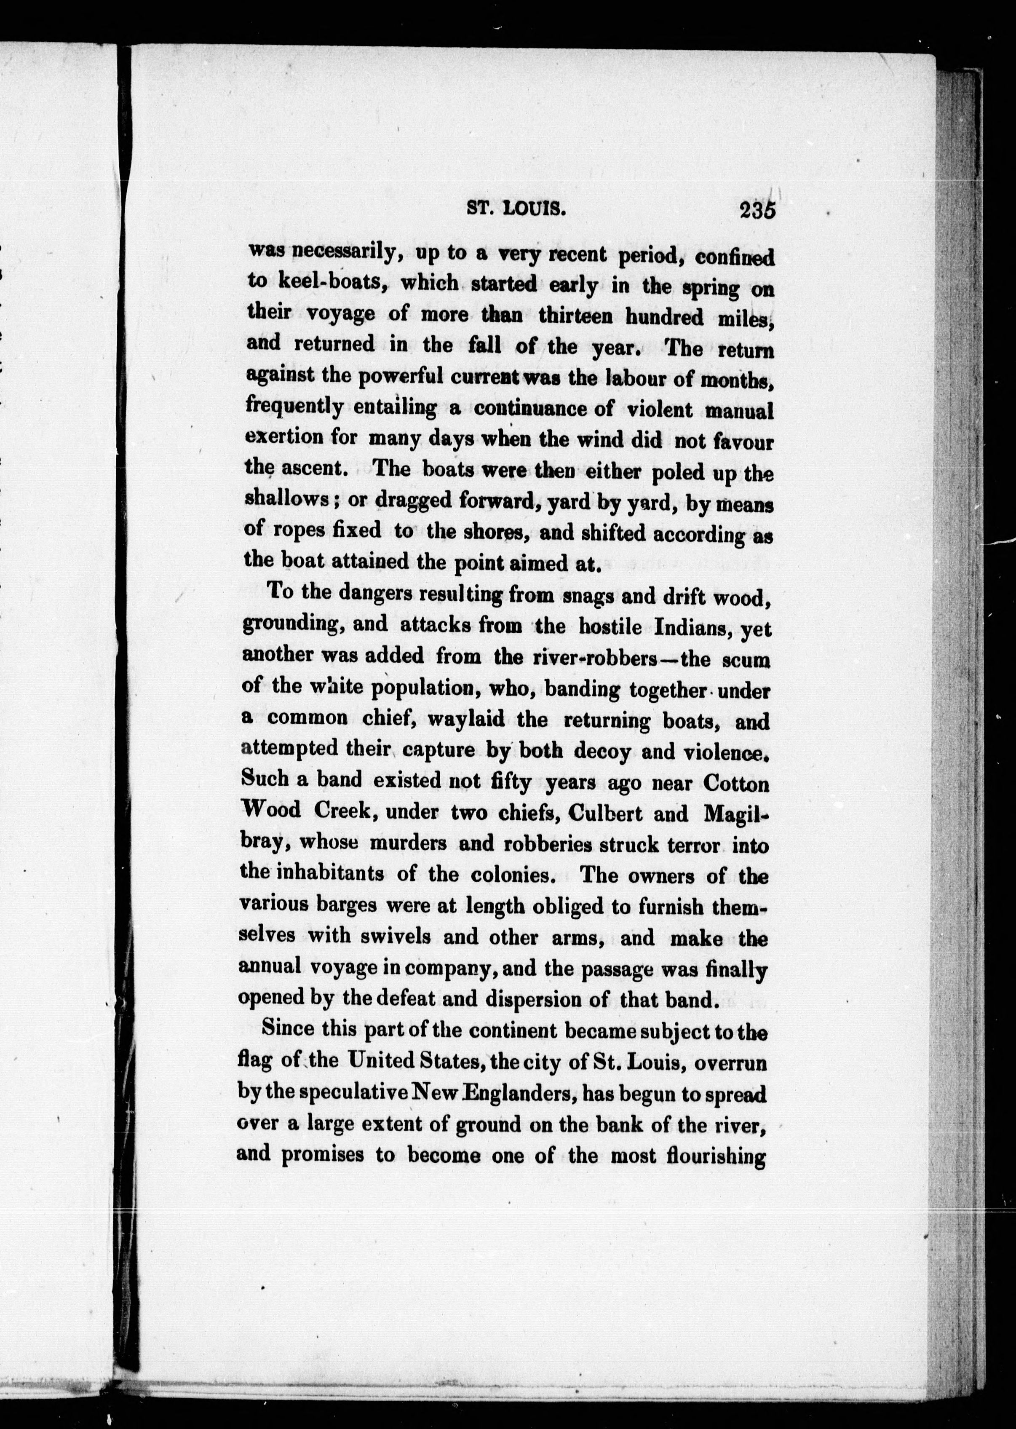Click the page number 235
coord(757,210)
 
